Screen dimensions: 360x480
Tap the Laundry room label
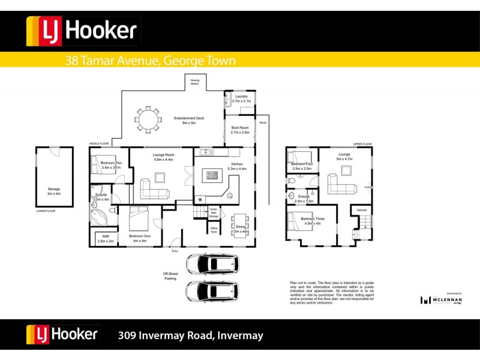click(241, 98)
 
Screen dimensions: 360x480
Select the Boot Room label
click(240, 130)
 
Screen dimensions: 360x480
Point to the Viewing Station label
click(194, 82)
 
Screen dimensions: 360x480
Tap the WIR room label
click(105, 238)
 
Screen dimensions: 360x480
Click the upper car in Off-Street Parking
click(213, 264)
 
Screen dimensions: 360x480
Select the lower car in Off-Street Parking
click(213, 291)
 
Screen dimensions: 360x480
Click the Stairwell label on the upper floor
click(362, 210)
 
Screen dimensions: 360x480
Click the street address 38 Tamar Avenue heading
click(150, 61)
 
